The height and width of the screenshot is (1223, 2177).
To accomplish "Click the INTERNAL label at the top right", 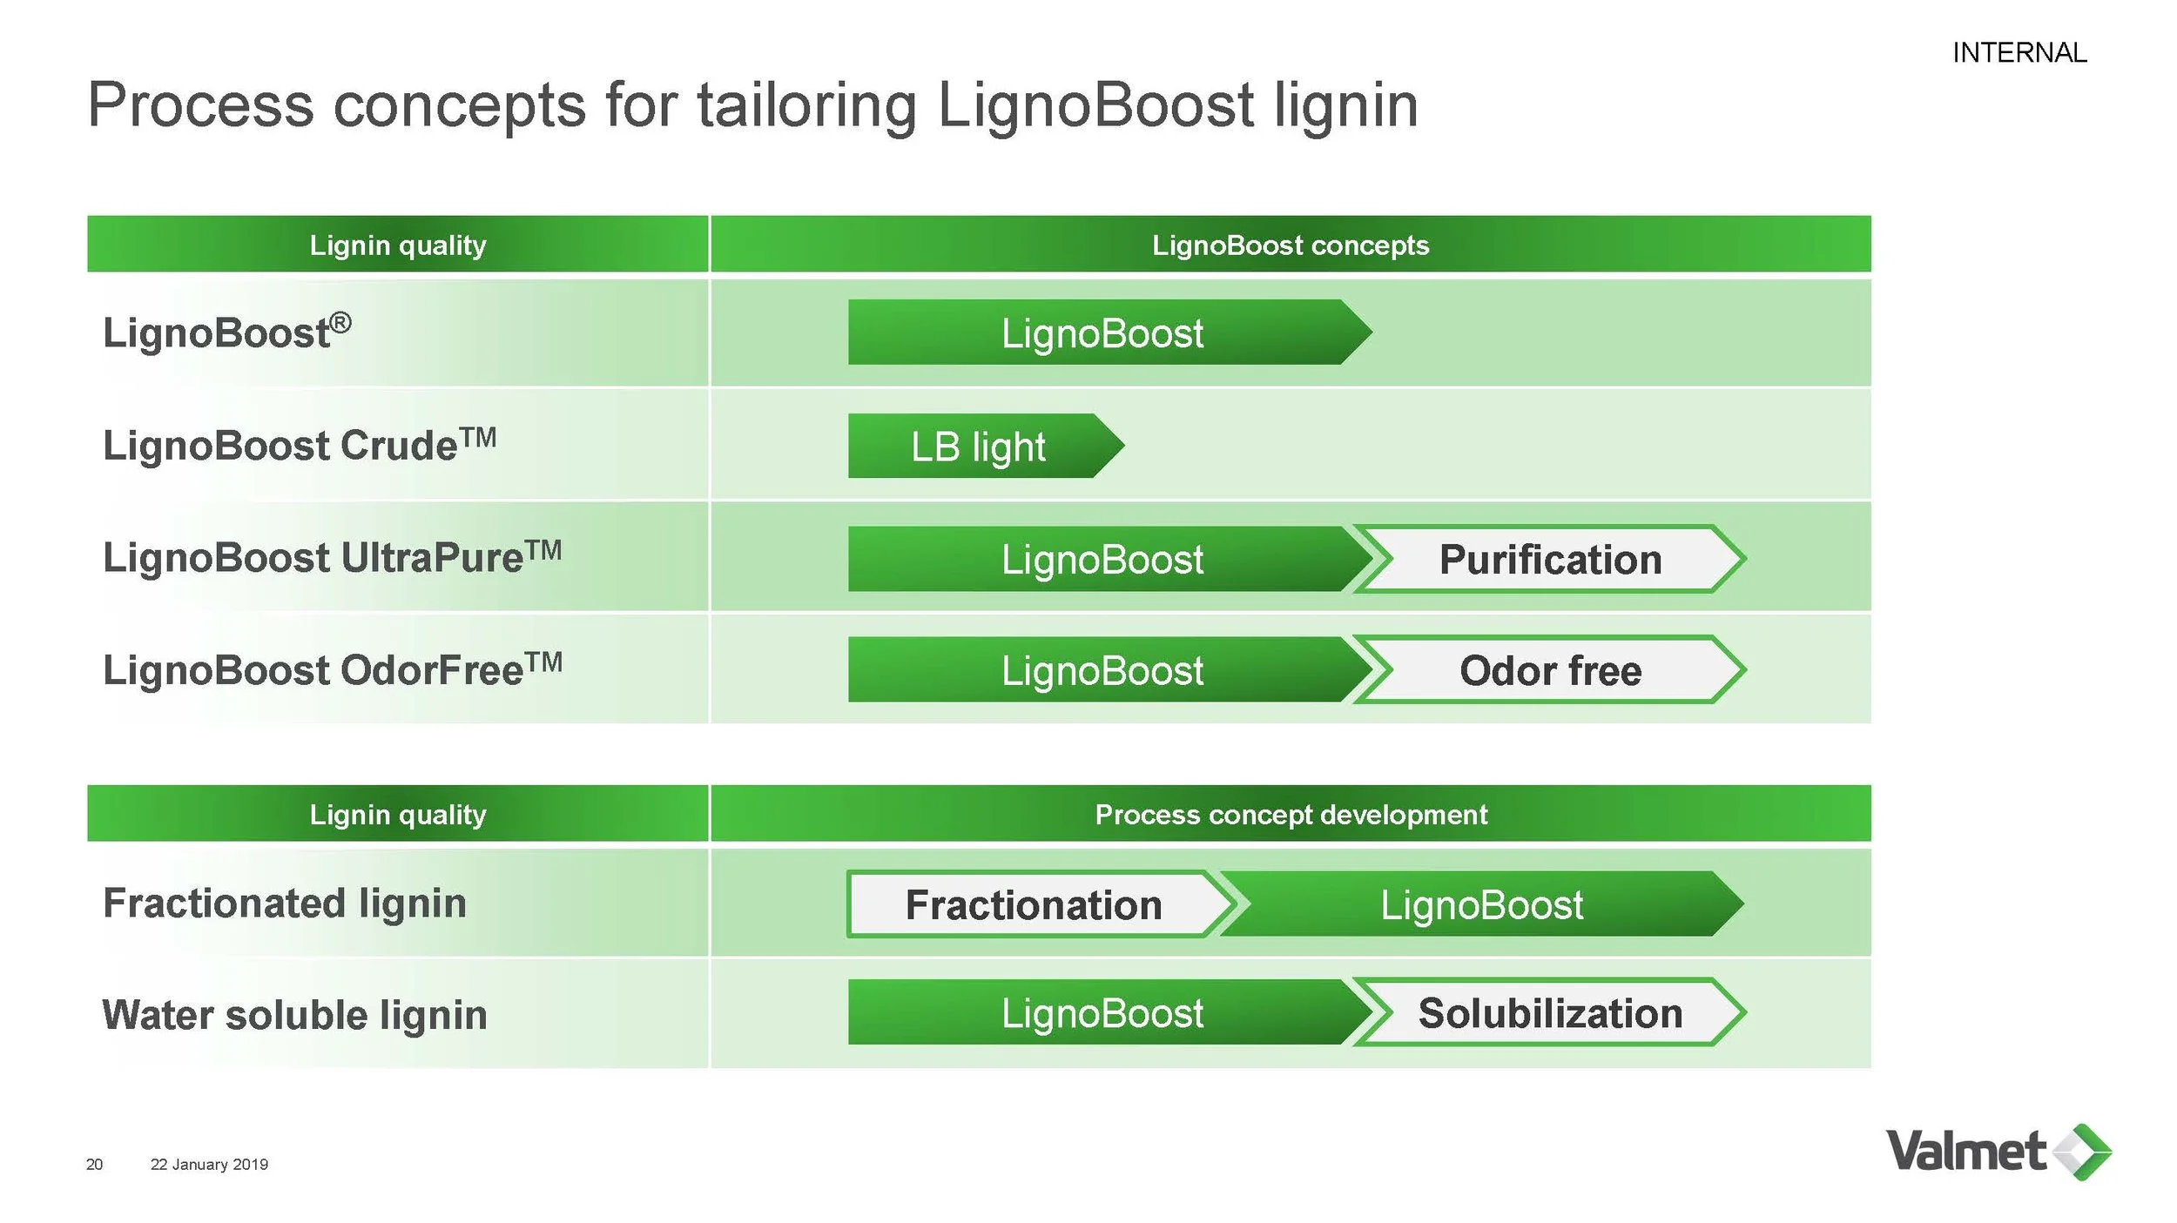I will tap(2019, 53).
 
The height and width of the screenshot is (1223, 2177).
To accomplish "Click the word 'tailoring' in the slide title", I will tap(806, 105).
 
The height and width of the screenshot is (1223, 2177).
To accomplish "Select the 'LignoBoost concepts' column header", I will tap(1290, 245).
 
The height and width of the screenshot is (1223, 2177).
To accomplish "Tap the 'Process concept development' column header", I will tap(1290, 815).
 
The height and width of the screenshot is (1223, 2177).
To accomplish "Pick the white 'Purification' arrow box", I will tap(1550, 560).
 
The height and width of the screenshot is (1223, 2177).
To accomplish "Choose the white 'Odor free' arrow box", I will tap(1550, 671).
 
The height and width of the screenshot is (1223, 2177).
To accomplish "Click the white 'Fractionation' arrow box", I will tap(1034, 905).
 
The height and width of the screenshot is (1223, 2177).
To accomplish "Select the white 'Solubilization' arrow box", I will tap(1550, 1013).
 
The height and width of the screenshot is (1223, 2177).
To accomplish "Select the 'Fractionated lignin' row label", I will tap(285, 904).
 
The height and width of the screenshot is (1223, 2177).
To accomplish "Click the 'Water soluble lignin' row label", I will tap(294, 1015).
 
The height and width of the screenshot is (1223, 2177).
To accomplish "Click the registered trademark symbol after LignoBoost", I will tap(341, 323).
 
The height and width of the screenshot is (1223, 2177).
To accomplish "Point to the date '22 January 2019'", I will tap(209, 1165).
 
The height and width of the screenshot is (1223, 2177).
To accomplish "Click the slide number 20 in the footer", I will tap(94, 1165).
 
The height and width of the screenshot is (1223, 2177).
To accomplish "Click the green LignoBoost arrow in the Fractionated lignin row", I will tap(1480, 905).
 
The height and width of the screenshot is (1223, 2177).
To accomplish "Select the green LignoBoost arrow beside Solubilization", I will tap(1102, 1013).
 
